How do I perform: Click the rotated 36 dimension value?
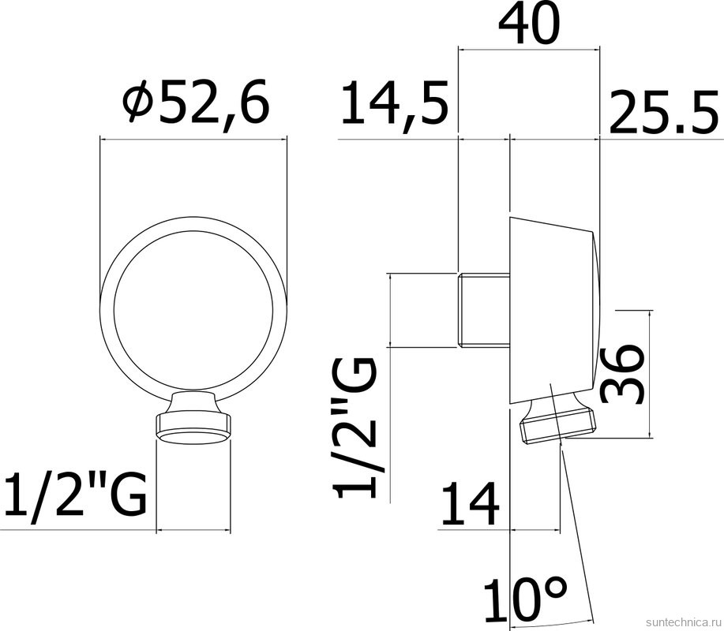pos(620,374)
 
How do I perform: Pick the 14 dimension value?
pos(470,505)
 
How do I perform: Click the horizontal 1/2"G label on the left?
pos(75,494)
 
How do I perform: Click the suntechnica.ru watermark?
pos(683,621)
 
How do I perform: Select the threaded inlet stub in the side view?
pos(483,310)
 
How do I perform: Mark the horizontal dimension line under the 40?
pos(528,50)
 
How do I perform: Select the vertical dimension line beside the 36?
pos(649,374)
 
